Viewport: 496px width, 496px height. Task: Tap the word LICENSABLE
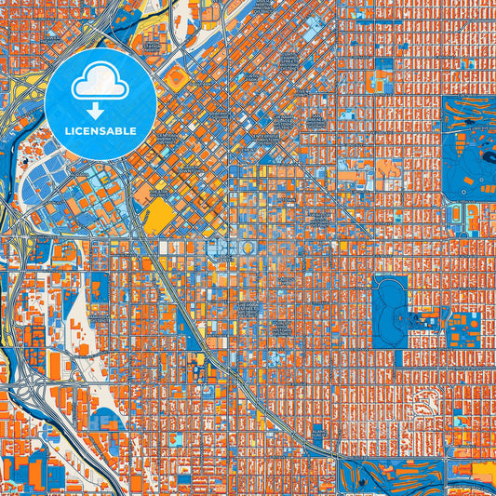[101, 131]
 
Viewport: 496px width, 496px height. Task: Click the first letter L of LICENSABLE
[68, 131]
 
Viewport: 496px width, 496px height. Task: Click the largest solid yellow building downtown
[161, 216]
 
